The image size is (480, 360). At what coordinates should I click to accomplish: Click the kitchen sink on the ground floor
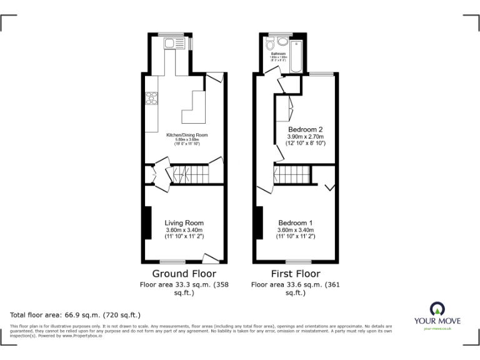(171, 43)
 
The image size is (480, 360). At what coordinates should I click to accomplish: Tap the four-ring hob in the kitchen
(151, 98)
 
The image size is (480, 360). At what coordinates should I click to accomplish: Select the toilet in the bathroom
(269, 44)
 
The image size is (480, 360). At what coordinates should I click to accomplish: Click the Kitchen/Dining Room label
(186, 135)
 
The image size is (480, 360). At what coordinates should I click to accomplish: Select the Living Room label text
(184, 222)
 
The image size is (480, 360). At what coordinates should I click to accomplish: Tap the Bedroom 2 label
(306, 129)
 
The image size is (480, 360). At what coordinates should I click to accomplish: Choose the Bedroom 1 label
(296, 223)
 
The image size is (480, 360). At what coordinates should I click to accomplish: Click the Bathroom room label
(278, 54)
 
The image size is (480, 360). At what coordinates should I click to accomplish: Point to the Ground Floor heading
(184, 274)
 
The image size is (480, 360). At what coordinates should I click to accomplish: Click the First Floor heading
(295, 274)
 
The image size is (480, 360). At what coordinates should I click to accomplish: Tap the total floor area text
(76, 315)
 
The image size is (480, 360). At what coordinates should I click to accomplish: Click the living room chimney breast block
(147, 222)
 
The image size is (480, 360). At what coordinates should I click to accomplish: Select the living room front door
(211, 257)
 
